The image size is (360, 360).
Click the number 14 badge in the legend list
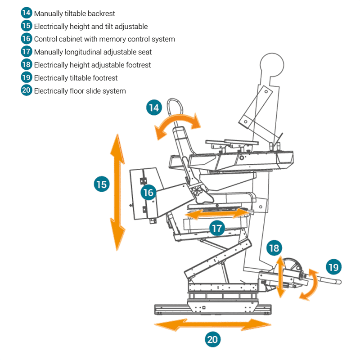pyautogui.click(x=27, y=13)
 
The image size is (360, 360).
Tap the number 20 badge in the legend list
pyautogui.click(x=27, y=90)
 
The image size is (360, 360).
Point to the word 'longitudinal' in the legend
pyautogui.click(x=81, y=52)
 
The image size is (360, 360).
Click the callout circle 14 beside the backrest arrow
pyautogui.click(x=154, y=108)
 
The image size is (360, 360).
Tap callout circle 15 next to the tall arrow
pyautogui.click(x=102, y=184)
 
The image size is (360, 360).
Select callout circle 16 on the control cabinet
pyautogui.click(x=148, y=193)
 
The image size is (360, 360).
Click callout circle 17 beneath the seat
pyautogui.click(x=217, y=228)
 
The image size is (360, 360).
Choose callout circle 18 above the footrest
pyautogui.click(x=274, y=248)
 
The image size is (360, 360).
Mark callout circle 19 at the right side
pyautogui.click(x=333, y=267)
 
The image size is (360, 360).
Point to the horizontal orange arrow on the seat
pyautogui.click(x=217, y=214)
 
